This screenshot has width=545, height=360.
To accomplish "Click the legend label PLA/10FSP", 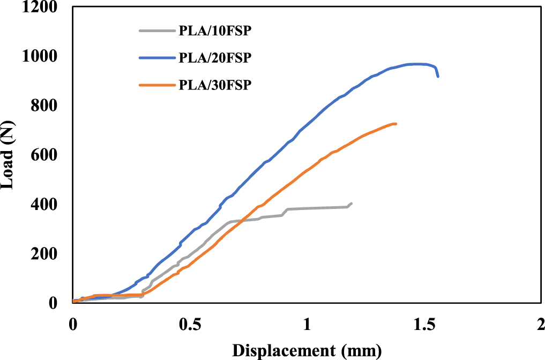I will pyautogui.click(x=214, y=31).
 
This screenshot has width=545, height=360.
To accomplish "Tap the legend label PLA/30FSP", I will pyautogui.click(x=214, y=85).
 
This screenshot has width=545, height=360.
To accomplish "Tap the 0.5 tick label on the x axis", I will pyautogui.click(x=189, y=325).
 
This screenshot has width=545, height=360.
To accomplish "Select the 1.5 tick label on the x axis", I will pyautogui.click(x=423, y=325).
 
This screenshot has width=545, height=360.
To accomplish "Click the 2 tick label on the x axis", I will pyautogui.click(x=540, y=325).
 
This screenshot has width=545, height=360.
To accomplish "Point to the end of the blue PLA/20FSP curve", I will pyautogui.click(x=438, y=76).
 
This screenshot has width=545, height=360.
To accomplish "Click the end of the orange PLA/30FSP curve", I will pyautogui.click(x=395, y=124).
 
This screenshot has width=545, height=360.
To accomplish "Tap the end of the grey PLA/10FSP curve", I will pyautogui.click(x=351, y=204).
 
